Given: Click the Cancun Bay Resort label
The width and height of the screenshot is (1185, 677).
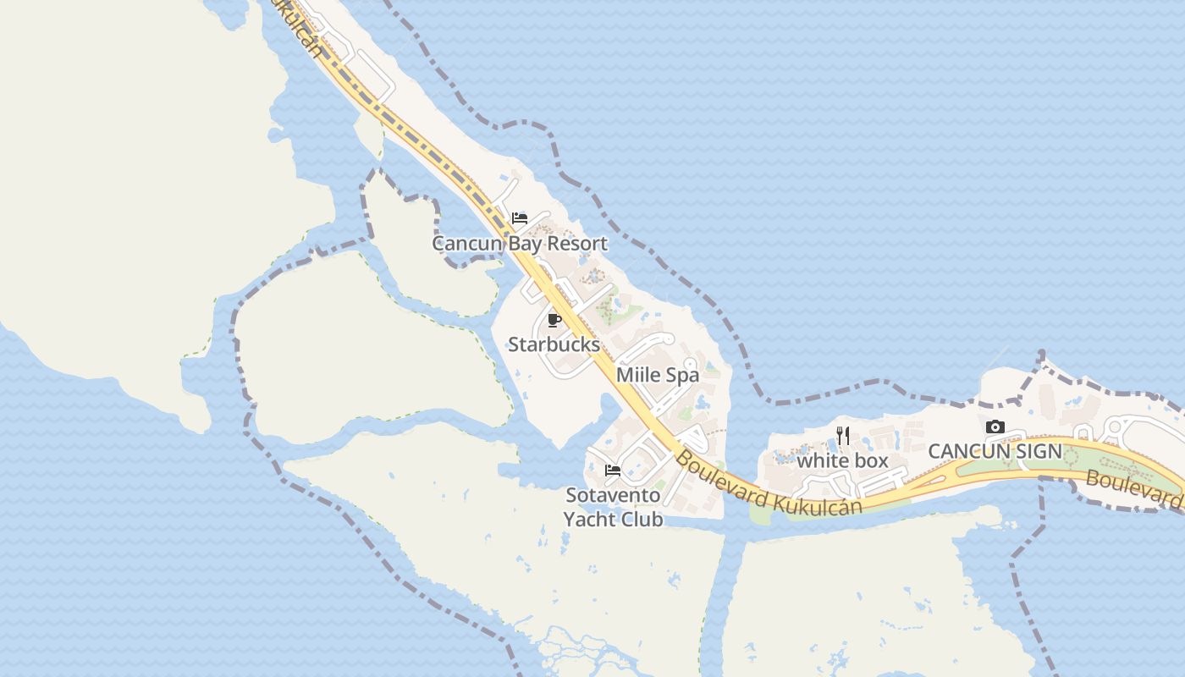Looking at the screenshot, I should (x=520, y=244).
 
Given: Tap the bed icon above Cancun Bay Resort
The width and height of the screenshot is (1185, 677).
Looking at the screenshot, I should (x=520, y=218).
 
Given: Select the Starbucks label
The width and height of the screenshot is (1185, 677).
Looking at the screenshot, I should (x=554, y=344).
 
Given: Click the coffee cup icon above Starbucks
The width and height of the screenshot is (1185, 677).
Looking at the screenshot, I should (x=554, y=320).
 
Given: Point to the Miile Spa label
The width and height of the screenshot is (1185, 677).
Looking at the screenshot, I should (x=658, y=375).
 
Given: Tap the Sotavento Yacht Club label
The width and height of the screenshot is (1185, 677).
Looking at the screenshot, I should (x=613, y=507).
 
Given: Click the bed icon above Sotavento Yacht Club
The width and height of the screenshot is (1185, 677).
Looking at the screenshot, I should (x=613, y=470).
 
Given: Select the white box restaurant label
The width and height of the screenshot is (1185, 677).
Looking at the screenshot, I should (x=842, y=461).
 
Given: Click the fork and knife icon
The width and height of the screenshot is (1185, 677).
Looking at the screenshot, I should (x=843, y=436).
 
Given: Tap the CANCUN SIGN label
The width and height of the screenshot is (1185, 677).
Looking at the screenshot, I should (x=995, y=451).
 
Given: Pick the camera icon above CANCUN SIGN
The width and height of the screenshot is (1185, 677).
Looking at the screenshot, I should (x=995, y=427).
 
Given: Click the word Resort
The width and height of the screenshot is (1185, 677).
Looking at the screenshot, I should (x=577, y=244).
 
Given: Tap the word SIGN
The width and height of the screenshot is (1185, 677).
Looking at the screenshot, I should (x=1039, y=451).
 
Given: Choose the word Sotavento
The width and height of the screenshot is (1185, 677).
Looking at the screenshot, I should (x=613, y=494).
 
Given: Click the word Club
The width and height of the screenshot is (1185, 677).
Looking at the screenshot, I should (x=641, y=520).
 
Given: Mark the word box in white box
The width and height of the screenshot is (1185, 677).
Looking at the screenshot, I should (x=870, y=461).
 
